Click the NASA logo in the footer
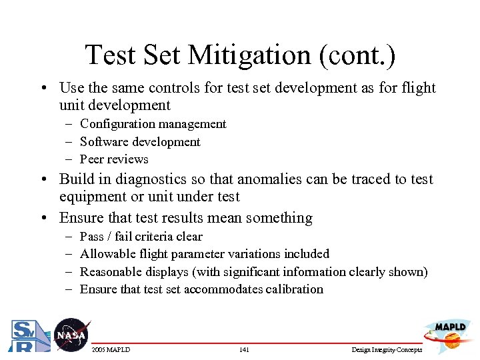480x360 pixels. point(70,334)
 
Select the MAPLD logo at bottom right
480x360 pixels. point(449,333)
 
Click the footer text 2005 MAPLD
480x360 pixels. point(111,350)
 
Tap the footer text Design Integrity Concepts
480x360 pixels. point(386,350)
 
